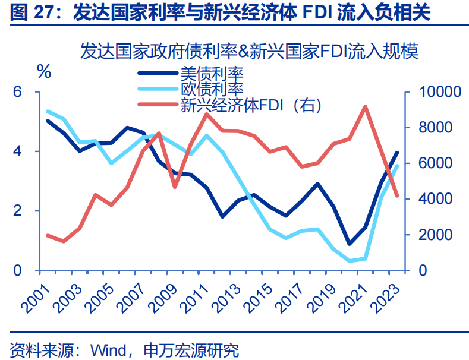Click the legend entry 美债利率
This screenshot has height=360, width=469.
pyautogui.click(x=212, y=73)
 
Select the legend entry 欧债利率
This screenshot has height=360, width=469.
pyautogui.click(x=212, y=89)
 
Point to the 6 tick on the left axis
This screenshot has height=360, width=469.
pyautogui.click(x=18, y=92)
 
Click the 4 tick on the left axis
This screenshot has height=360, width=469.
pyautogui.click(x=18, y=151)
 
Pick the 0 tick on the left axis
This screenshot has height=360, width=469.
pyautogui.click(x=18, y=270)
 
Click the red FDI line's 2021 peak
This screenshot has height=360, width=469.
pyautogui.click(x=365, y=107)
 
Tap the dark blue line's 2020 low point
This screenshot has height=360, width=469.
pyautogui.click(x=350, y=244)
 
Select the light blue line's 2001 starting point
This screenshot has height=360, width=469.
pyautogui.click(x=48, y=112)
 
